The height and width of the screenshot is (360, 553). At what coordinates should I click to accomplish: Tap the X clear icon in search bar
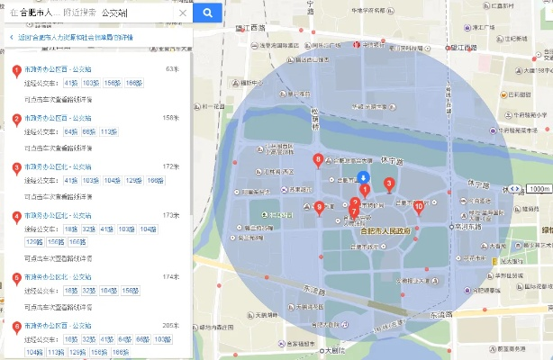tap(183, 14)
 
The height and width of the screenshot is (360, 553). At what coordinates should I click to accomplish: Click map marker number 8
tap(318, 161)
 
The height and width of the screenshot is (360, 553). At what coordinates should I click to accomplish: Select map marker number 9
tap(319, 208)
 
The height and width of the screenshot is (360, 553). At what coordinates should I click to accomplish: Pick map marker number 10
tap(419, 206)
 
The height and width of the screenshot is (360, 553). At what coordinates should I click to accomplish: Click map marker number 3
tap(389, 184)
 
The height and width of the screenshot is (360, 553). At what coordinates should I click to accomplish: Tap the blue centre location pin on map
tap(362, 177)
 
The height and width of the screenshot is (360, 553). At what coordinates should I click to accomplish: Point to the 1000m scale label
tap(539, 189)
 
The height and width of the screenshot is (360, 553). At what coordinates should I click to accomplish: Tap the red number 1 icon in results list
tap(16, 70)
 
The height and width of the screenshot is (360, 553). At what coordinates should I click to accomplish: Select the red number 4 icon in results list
tap(16, 217)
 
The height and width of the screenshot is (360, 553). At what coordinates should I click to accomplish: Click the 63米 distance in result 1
tap(173, 68)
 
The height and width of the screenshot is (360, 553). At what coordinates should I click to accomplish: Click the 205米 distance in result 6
tap(170, 325)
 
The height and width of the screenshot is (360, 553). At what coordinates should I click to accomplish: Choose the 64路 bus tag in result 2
tap(71, 131)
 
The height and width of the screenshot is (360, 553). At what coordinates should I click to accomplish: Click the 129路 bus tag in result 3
tap(132, 181)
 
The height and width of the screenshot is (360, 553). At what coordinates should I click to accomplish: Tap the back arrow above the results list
tap(11, 37)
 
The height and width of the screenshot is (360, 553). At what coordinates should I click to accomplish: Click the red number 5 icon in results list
tap(16, 278)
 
